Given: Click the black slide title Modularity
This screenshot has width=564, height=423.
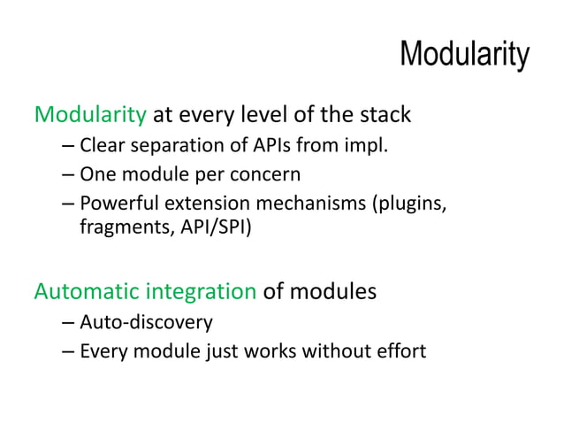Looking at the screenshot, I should [x=464, y=55].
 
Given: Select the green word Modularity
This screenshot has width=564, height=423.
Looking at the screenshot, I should [x=89, y=115].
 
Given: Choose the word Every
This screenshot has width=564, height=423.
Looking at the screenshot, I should [x=101, y=351].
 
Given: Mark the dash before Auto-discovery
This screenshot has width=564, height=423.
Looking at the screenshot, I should [x=68, y=322].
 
